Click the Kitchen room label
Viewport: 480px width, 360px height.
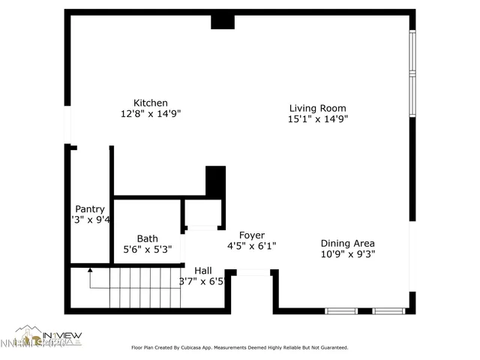pos(150,103)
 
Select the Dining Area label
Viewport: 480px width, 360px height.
pos(347,243)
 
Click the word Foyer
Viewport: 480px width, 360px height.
pos(251,235)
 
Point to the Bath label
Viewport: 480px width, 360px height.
pos(147,238)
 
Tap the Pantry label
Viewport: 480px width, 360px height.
pos(89,209)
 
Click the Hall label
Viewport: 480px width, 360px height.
pos(202,270)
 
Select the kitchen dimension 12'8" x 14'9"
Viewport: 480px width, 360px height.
pos(151,114)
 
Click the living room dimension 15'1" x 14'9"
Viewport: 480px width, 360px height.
pos(317,118)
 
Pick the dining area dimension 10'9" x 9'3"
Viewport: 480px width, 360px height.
pos(347,253)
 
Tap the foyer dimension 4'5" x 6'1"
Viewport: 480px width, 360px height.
pos(251,245)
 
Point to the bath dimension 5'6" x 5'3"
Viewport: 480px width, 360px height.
pos(148,249)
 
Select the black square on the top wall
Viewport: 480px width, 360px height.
pos(223,21)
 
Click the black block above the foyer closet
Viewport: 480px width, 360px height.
pos(215,181)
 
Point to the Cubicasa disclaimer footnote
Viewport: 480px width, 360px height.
pos(239,347)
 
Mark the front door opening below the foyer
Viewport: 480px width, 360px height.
pos(253,272)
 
